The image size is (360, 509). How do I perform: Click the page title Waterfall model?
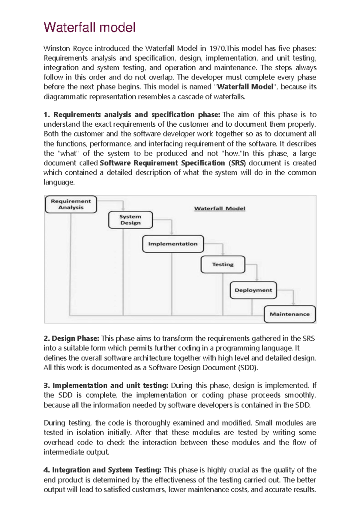click(x=89, y=28)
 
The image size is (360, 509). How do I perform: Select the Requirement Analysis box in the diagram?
click(x=71, y=204)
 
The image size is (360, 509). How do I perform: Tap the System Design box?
click(x=130, y=220)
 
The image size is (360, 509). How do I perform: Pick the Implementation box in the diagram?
click(x=173, y=244)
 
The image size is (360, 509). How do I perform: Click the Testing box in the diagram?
click(x=223, y=264)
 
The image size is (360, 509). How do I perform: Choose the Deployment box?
click(x=253, y=290)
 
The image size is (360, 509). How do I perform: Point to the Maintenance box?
click(x=289, y=314)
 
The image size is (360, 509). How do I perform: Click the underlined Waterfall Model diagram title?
click(x=220, y=209)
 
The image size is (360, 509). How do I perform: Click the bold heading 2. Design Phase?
click(x=71, y=339)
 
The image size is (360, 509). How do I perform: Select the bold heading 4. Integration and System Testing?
click(x=102, y=470)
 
